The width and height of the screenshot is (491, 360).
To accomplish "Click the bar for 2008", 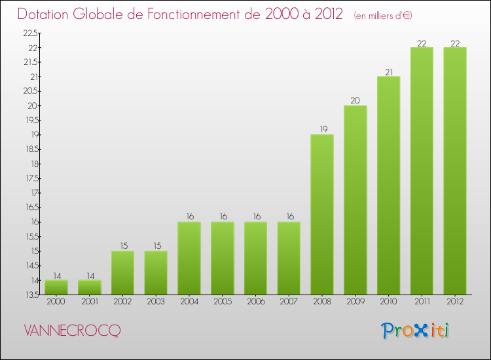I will coord(322,214).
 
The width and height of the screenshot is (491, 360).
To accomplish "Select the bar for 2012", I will coord(455,171).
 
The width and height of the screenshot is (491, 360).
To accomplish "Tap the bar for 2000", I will coord(56,287).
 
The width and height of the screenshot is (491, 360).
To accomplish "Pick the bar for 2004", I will coord(189,258).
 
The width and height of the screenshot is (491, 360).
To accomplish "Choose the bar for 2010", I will coord(388,185).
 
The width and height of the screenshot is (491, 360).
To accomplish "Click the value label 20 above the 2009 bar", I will coord(355,101).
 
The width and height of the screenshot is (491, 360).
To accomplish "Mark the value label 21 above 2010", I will coord(388,72).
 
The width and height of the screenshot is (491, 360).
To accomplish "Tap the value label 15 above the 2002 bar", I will coord(123,246).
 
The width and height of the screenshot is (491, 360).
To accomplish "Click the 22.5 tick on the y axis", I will coord(31,33).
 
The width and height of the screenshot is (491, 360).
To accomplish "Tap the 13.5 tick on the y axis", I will coord(31,295).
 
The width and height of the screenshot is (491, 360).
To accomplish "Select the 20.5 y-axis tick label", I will coord(31,92).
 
